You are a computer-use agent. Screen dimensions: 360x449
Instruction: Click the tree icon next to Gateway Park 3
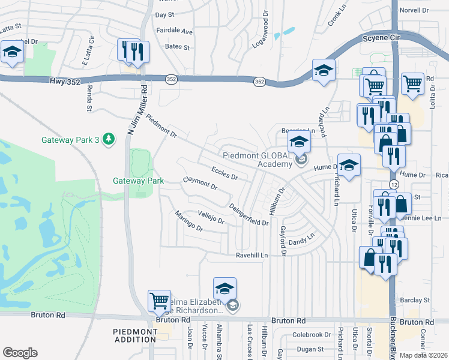click(109, 140)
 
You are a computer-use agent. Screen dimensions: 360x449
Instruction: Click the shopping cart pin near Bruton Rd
click(159, 301)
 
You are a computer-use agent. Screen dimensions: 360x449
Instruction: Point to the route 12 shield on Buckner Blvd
click(393, 184)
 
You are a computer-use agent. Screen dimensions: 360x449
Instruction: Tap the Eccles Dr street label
click(224, 174)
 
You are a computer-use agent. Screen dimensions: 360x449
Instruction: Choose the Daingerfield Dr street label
click(249, 214)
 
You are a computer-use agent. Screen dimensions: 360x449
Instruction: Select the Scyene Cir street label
click(380, 38)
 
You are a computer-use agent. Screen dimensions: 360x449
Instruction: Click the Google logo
click(20, 352)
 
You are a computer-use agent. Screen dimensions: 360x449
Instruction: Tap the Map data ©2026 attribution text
click(423, 355)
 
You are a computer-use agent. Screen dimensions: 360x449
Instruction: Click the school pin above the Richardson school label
click(224, 289)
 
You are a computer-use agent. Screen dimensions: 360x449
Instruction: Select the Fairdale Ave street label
click(174, 31)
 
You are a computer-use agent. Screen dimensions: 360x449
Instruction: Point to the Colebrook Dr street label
click(312, 335)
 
